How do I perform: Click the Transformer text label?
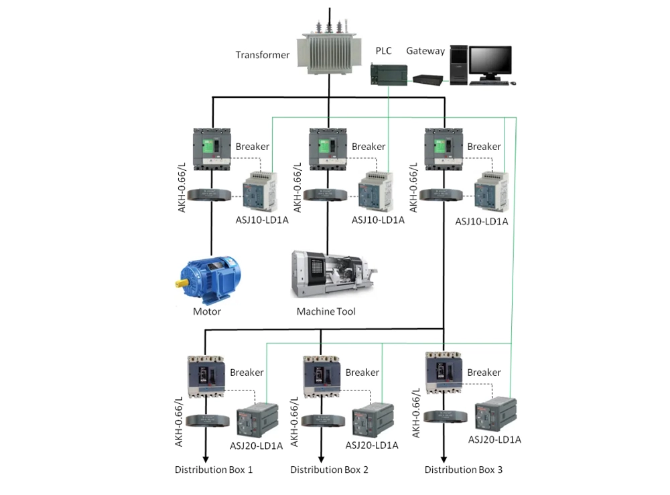(263, 55)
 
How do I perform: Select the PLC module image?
(387, 72)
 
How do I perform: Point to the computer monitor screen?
(490, 62)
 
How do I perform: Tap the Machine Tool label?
(326, 311)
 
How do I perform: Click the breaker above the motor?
(212, 147)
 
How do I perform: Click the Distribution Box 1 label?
(214, 470)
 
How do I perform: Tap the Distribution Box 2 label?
(329, 470)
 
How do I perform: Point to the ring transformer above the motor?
(212, 195)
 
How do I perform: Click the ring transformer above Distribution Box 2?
(321, 421)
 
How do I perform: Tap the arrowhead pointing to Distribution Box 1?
(205, 457)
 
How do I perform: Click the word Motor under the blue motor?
(207, 311)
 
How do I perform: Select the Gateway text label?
(425, 51)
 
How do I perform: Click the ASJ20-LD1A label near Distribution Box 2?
(372, 445)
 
